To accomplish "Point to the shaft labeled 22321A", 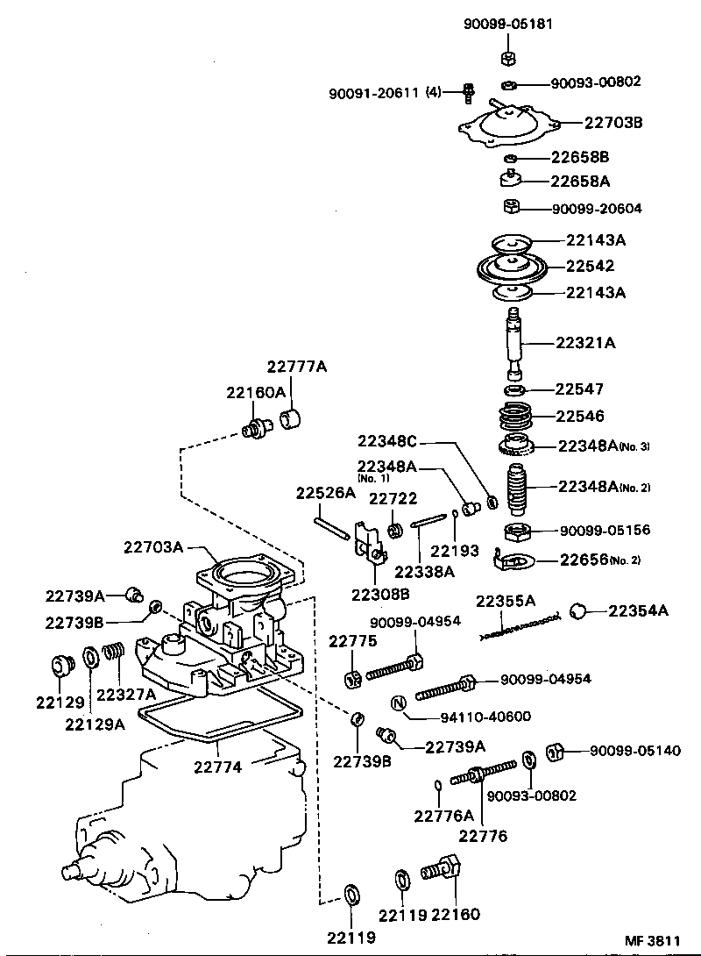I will (x=513, y=342).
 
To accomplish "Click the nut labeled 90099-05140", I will (x=554, y=752).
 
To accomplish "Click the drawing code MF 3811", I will (x=651, y=940).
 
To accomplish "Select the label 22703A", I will (x=152, y=547).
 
